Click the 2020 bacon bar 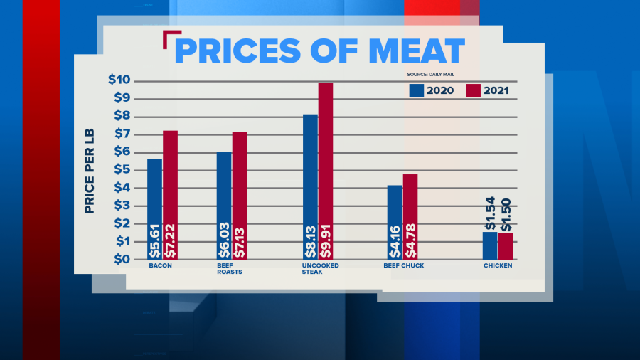coord(154,209)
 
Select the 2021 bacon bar coord(170,195)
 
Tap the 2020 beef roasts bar coord(224,206)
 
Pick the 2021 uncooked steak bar coord(326,171)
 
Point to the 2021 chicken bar coord(506,246)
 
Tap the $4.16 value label coord(395,241)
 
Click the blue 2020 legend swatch coord(417,90)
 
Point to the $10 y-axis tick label coord(119,80)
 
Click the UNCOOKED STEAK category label coord(319,268)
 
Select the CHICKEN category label coord(498,266)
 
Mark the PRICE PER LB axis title coord(90,171)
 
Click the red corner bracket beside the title coord(169,38)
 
